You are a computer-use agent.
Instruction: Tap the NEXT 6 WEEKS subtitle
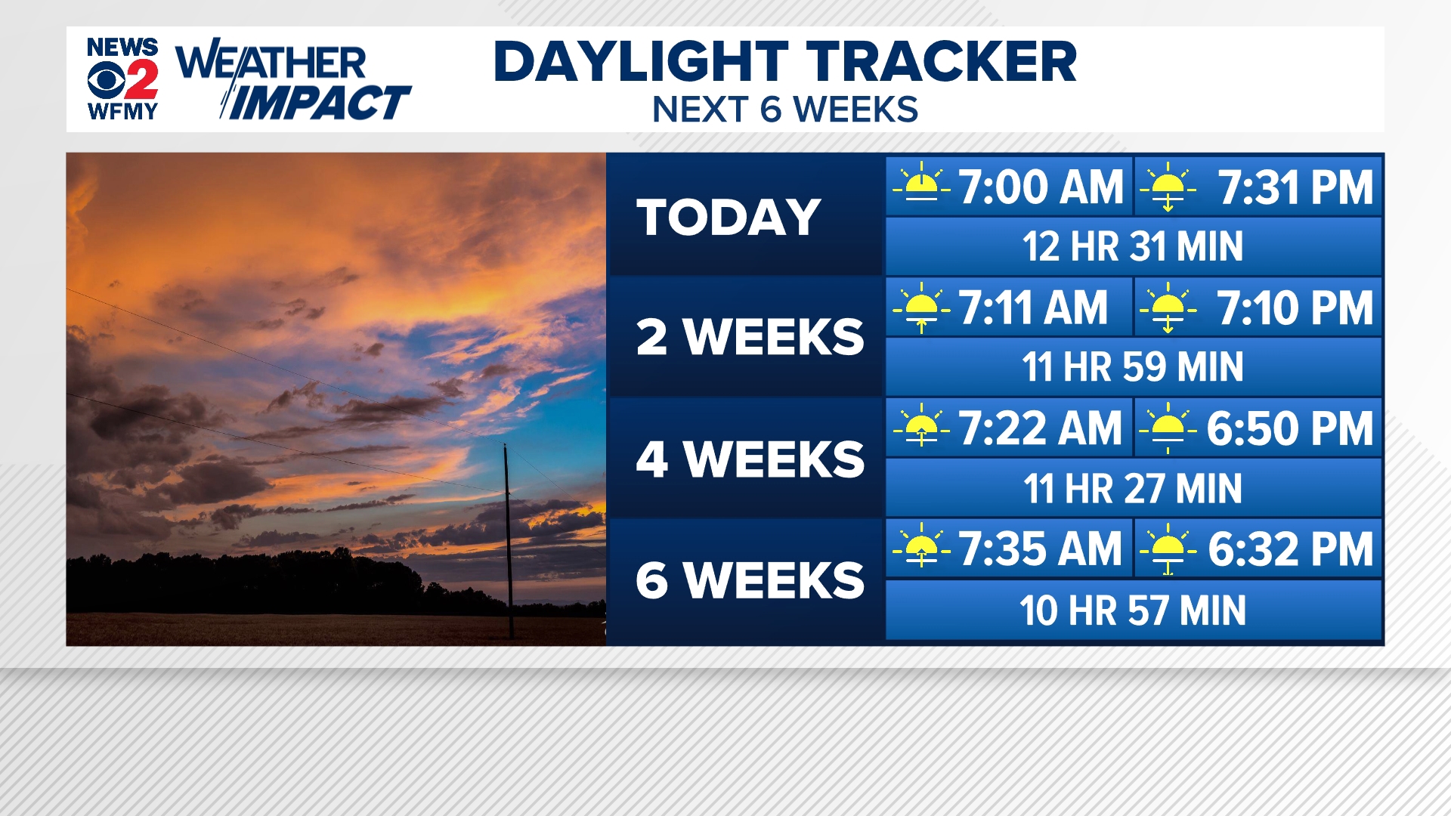coord(785,110)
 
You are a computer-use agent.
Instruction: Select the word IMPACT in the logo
coord(317,103)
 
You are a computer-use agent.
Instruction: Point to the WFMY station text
coord(122,111)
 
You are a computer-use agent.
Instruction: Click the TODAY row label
coord(729,217)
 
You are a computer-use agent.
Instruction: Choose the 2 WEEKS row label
coord(750,337)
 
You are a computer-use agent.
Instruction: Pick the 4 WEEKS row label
coord(750,459)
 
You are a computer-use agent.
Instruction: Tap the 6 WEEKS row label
coord(750,580)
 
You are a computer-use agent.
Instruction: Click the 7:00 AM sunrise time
coord(1041,187)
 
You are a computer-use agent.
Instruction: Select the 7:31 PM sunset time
coord(1295,187)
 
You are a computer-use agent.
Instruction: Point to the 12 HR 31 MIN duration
coord(1133,246)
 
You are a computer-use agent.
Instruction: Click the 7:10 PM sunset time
coord(1295,308)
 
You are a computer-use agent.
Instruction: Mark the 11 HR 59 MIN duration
coord(1133,367)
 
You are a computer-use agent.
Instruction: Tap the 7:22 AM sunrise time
coord(1041,428)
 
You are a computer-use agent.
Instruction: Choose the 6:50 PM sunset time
coord(1290,428)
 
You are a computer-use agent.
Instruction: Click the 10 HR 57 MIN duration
coord(1133,610)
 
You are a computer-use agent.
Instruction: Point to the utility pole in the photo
coord(509,541)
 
